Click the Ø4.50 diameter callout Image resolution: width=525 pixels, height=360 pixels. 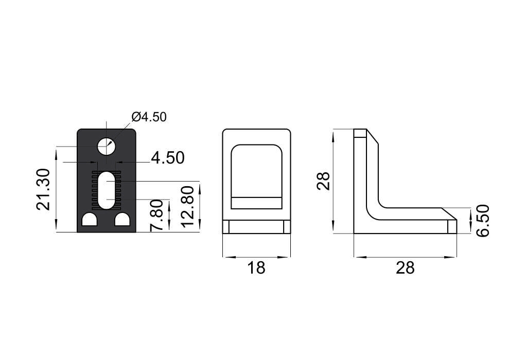coord(149,117)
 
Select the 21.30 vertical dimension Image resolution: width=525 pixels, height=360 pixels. coord(43,189)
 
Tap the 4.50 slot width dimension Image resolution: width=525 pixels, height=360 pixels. coord(167,158)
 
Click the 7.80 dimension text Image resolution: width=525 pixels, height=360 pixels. coord(156,215)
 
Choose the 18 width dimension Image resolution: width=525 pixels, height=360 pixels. coord(256,267)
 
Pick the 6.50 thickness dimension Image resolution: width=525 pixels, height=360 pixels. coord(482,221)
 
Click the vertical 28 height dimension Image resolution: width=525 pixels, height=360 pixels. coord(323,181)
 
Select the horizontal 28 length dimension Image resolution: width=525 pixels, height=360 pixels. coord(405,267)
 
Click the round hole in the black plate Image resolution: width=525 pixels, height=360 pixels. coord(107,146)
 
